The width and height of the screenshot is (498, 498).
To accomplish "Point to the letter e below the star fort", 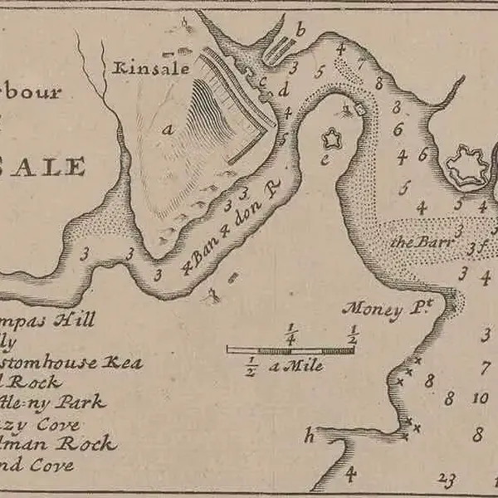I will [x=325, y=158].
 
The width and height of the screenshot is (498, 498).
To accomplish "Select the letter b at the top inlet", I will [x=300, y=32].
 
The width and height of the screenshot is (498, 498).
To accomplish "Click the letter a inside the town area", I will [x=168, y=128].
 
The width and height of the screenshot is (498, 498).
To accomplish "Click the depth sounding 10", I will [x=479, y=398].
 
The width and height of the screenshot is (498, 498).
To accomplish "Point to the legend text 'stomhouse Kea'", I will [x=71, y=363].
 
